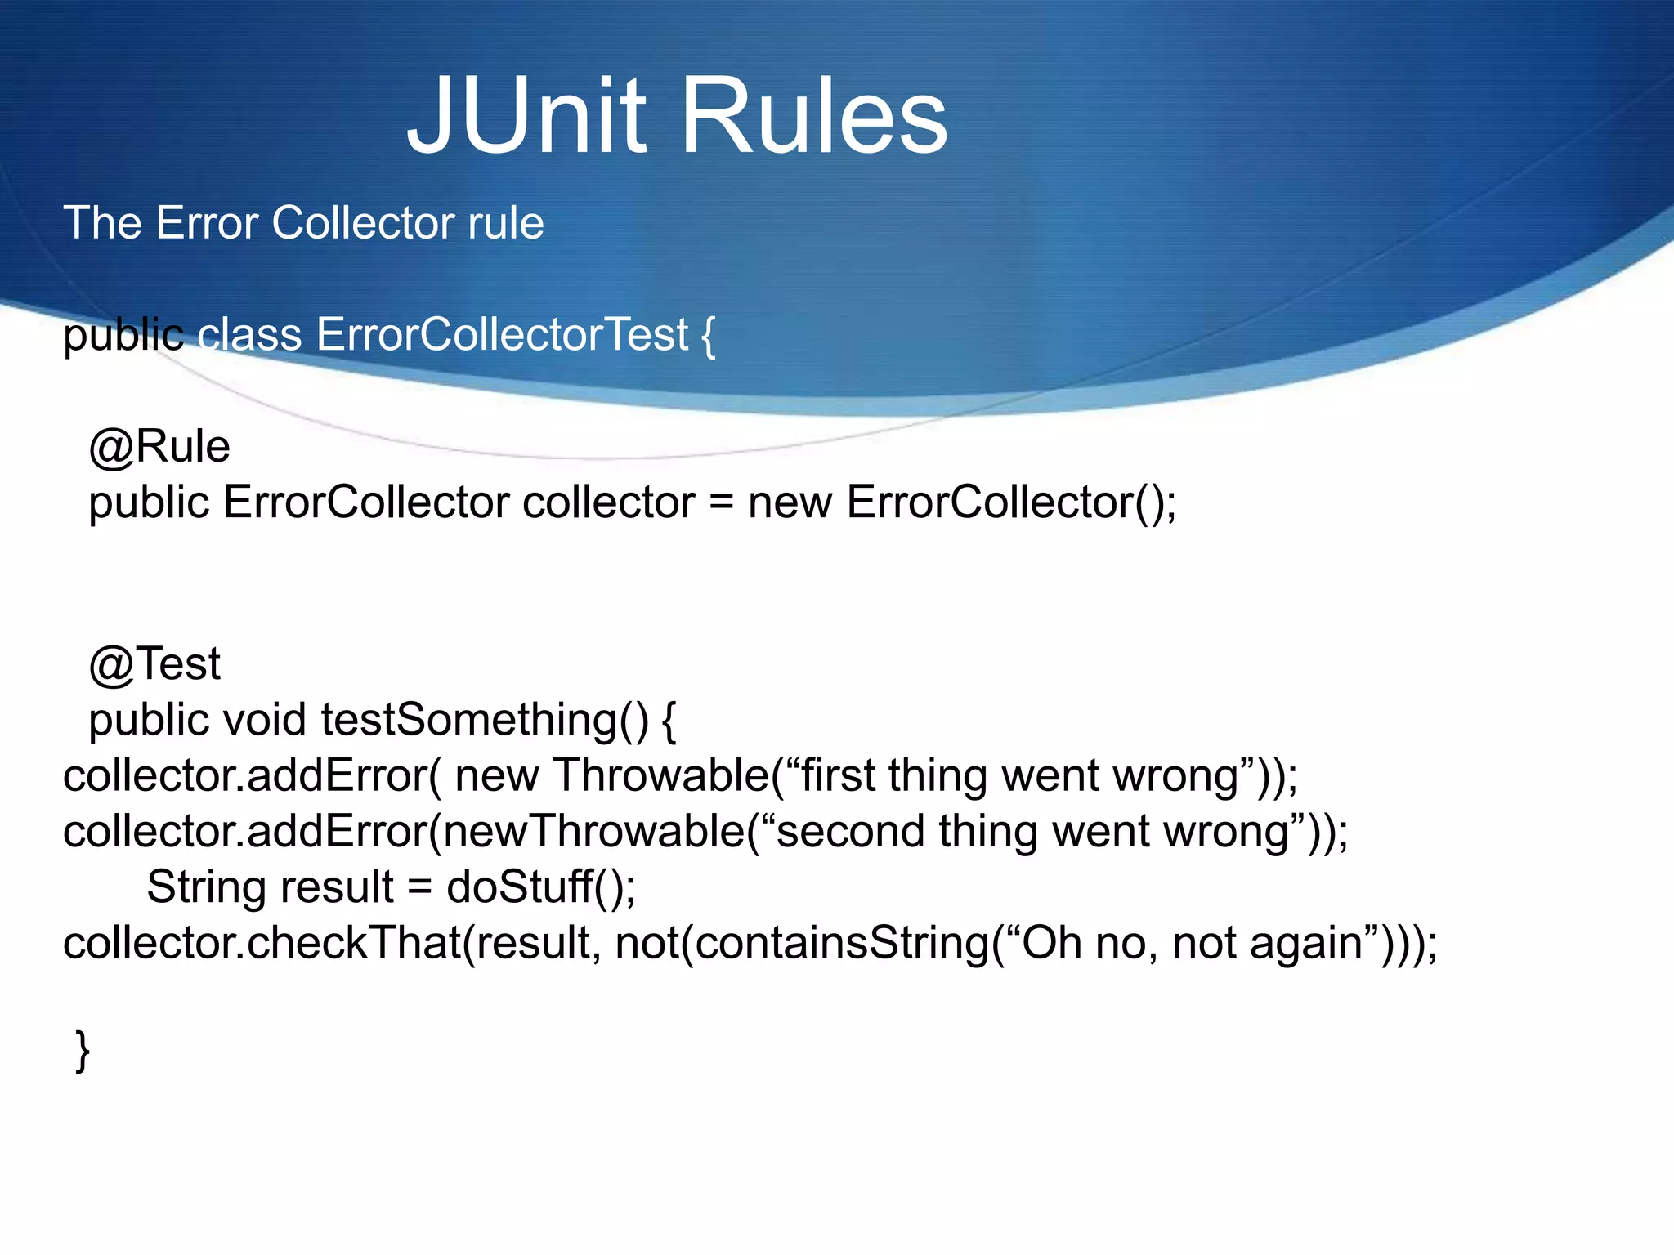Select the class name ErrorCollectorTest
click(x=502, y=335)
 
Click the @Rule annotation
click(x=159, y=447)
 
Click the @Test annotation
click(x=154, y=663)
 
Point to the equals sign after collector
click(x=721, y=502)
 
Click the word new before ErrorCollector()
click(x=790, y=502)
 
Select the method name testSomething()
click(x=484, y=720)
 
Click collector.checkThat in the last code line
click(x=262, y=943)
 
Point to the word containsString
click(x=842, y=943)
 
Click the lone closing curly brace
click(x=82, y=1051)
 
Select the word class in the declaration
click(x=249, y=335)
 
